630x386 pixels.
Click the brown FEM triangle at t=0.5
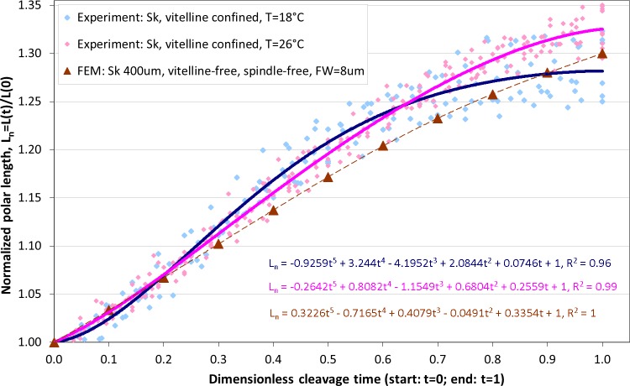coord(328,177)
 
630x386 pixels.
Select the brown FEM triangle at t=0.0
coord(54,342)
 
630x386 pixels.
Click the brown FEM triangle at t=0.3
coord(218,243)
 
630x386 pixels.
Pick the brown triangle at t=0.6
coord(383,145)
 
